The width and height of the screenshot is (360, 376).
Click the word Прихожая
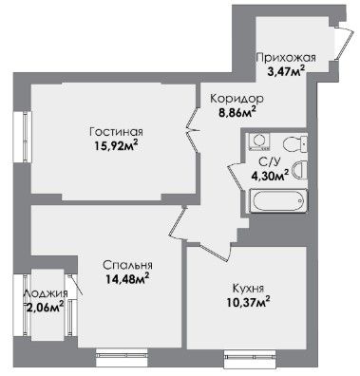point(286,58)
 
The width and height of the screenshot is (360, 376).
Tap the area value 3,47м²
point(286,70)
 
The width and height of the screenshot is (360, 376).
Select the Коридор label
point(237,99)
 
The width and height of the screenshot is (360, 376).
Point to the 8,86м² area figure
point(237,112)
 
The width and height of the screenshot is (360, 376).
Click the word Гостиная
point(116,131)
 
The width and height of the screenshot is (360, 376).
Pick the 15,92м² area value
point(117,146)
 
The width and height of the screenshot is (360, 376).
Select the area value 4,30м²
point(270,175)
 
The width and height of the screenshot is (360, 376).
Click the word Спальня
point(127,265)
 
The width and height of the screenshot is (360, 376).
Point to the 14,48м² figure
point(127,279)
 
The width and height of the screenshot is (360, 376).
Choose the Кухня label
point(248,289)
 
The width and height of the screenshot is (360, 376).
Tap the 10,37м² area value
point(248,303)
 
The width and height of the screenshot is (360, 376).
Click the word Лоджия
point(46,294)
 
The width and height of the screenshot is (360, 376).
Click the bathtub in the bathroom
point(278,200)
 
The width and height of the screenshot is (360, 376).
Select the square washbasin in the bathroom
point(259,141)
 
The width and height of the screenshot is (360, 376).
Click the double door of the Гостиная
point(192,130)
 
